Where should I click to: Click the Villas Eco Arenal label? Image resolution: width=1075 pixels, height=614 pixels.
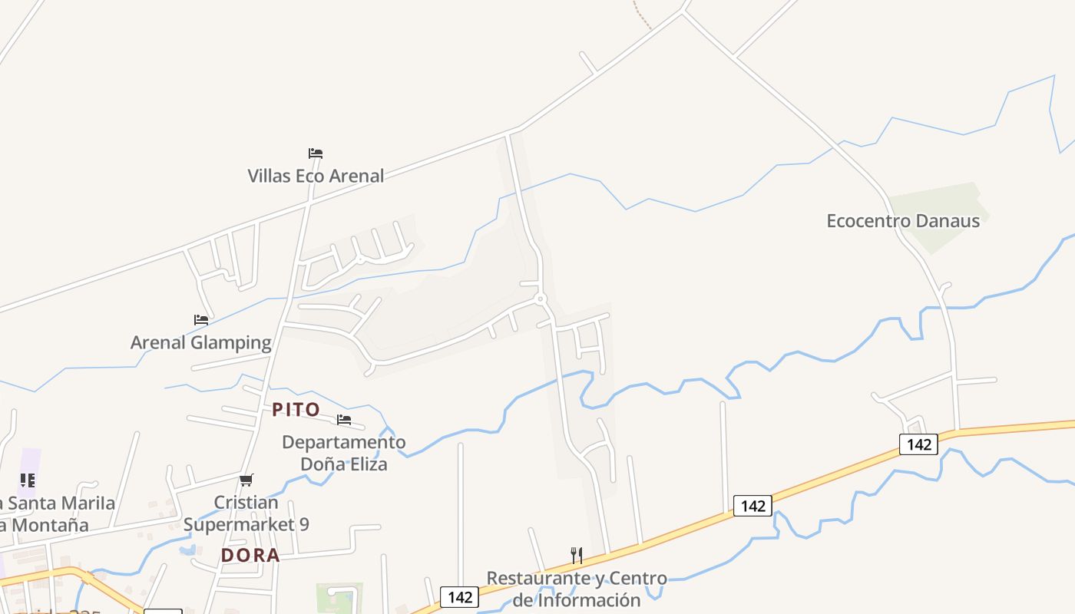316,176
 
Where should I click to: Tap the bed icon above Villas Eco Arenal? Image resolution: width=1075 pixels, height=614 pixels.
316,153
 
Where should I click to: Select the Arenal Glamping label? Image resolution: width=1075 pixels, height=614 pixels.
201,342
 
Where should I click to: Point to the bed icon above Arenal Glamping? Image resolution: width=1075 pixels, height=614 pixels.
201,320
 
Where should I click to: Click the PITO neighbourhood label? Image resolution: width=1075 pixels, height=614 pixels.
296,410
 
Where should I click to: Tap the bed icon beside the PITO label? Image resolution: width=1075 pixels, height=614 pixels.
344,420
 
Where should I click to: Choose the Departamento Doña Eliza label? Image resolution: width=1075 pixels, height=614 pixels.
344,454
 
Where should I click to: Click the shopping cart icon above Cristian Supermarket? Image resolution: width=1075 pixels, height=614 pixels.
246,480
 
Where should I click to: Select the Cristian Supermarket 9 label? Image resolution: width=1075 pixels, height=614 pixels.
246,513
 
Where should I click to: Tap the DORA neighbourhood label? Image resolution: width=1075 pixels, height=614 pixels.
250,556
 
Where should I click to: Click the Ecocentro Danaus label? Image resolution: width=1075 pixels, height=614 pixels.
903,221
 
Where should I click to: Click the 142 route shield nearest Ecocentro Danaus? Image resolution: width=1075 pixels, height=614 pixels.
918,444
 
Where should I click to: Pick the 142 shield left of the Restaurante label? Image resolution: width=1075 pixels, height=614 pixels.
459,597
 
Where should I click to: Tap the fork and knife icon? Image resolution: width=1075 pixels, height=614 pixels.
577,555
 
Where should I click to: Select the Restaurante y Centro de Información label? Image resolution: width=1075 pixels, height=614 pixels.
577,589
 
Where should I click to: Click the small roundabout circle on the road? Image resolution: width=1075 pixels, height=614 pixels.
541,299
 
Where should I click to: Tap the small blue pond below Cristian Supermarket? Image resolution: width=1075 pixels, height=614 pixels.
187,550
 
